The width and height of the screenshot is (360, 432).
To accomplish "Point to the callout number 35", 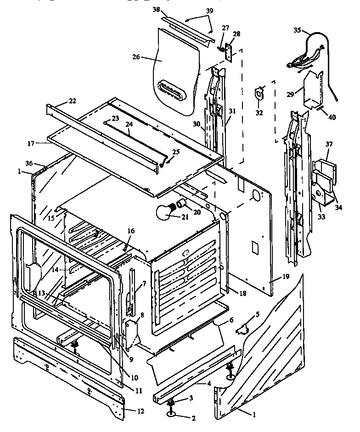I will tap(298, 31).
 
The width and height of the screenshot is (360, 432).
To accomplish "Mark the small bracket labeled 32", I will tap(260, 93).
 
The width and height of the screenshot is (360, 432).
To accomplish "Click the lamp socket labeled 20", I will tap(181, 204).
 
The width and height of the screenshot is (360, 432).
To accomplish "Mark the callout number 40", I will tap(332, 117).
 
